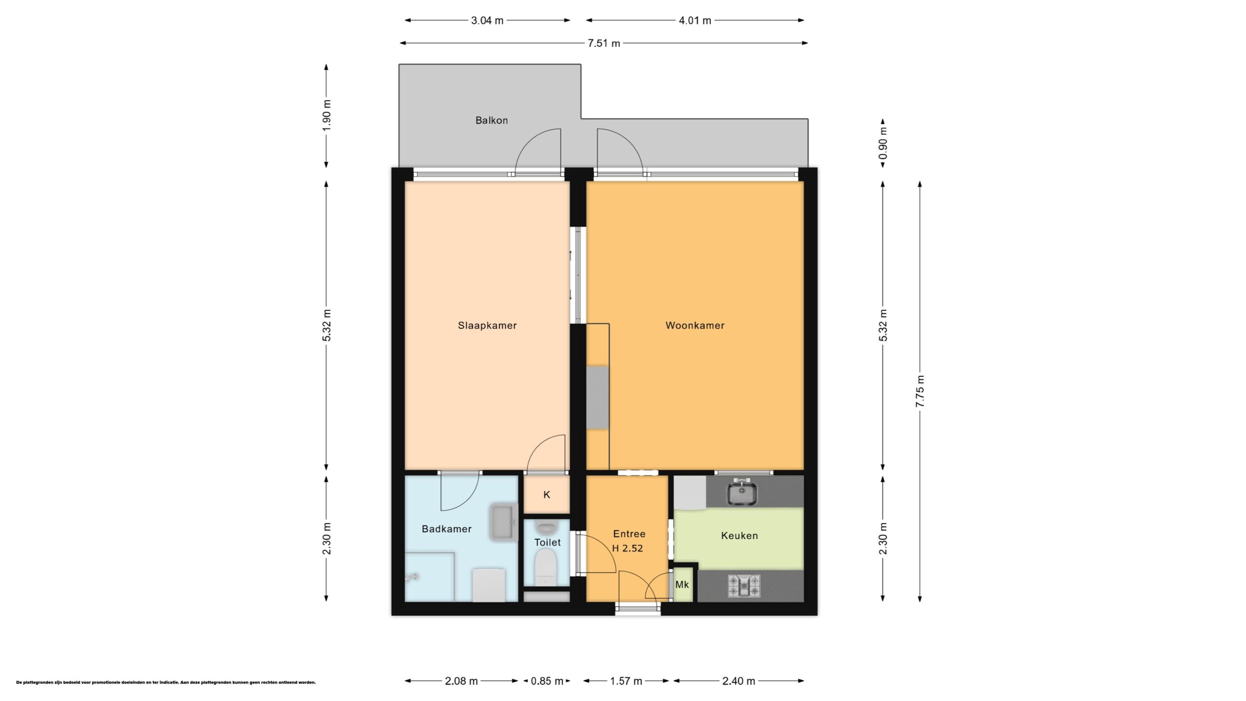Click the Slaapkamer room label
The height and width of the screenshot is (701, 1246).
click(487, 326)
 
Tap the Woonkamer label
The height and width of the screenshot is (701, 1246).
click(695, 326)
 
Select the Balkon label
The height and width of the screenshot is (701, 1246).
click(492, 120)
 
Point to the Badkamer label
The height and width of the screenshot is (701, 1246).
click(447, 529)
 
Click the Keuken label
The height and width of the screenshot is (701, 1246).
click(739, 536)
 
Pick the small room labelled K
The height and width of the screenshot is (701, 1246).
click(547, 495)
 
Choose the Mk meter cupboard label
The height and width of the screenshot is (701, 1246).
click(682, 584)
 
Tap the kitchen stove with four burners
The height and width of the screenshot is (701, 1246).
click(744, 586)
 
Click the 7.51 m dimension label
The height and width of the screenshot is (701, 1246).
click(604, 43)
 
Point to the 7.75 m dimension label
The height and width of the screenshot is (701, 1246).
click(920, 391)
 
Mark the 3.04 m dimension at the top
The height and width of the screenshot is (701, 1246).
click(487, 20)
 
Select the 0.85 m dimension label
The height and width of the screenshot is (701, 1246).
click(547, 681)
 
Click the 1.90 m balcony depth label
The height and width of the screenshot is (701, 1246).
click(327, 115)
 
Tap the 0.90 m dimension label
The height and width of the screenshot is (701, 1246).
click(883, 143)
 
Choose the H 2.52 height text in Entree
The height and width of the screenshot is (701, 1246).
click(627, 549)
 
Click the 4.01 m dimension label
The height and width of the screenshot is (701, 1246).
click(695, 20)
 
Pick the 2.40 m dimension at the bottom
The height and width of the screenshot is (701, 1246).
click(738, 681)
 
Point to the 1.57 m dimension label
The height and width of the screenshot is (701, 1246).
click(626, 681)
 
